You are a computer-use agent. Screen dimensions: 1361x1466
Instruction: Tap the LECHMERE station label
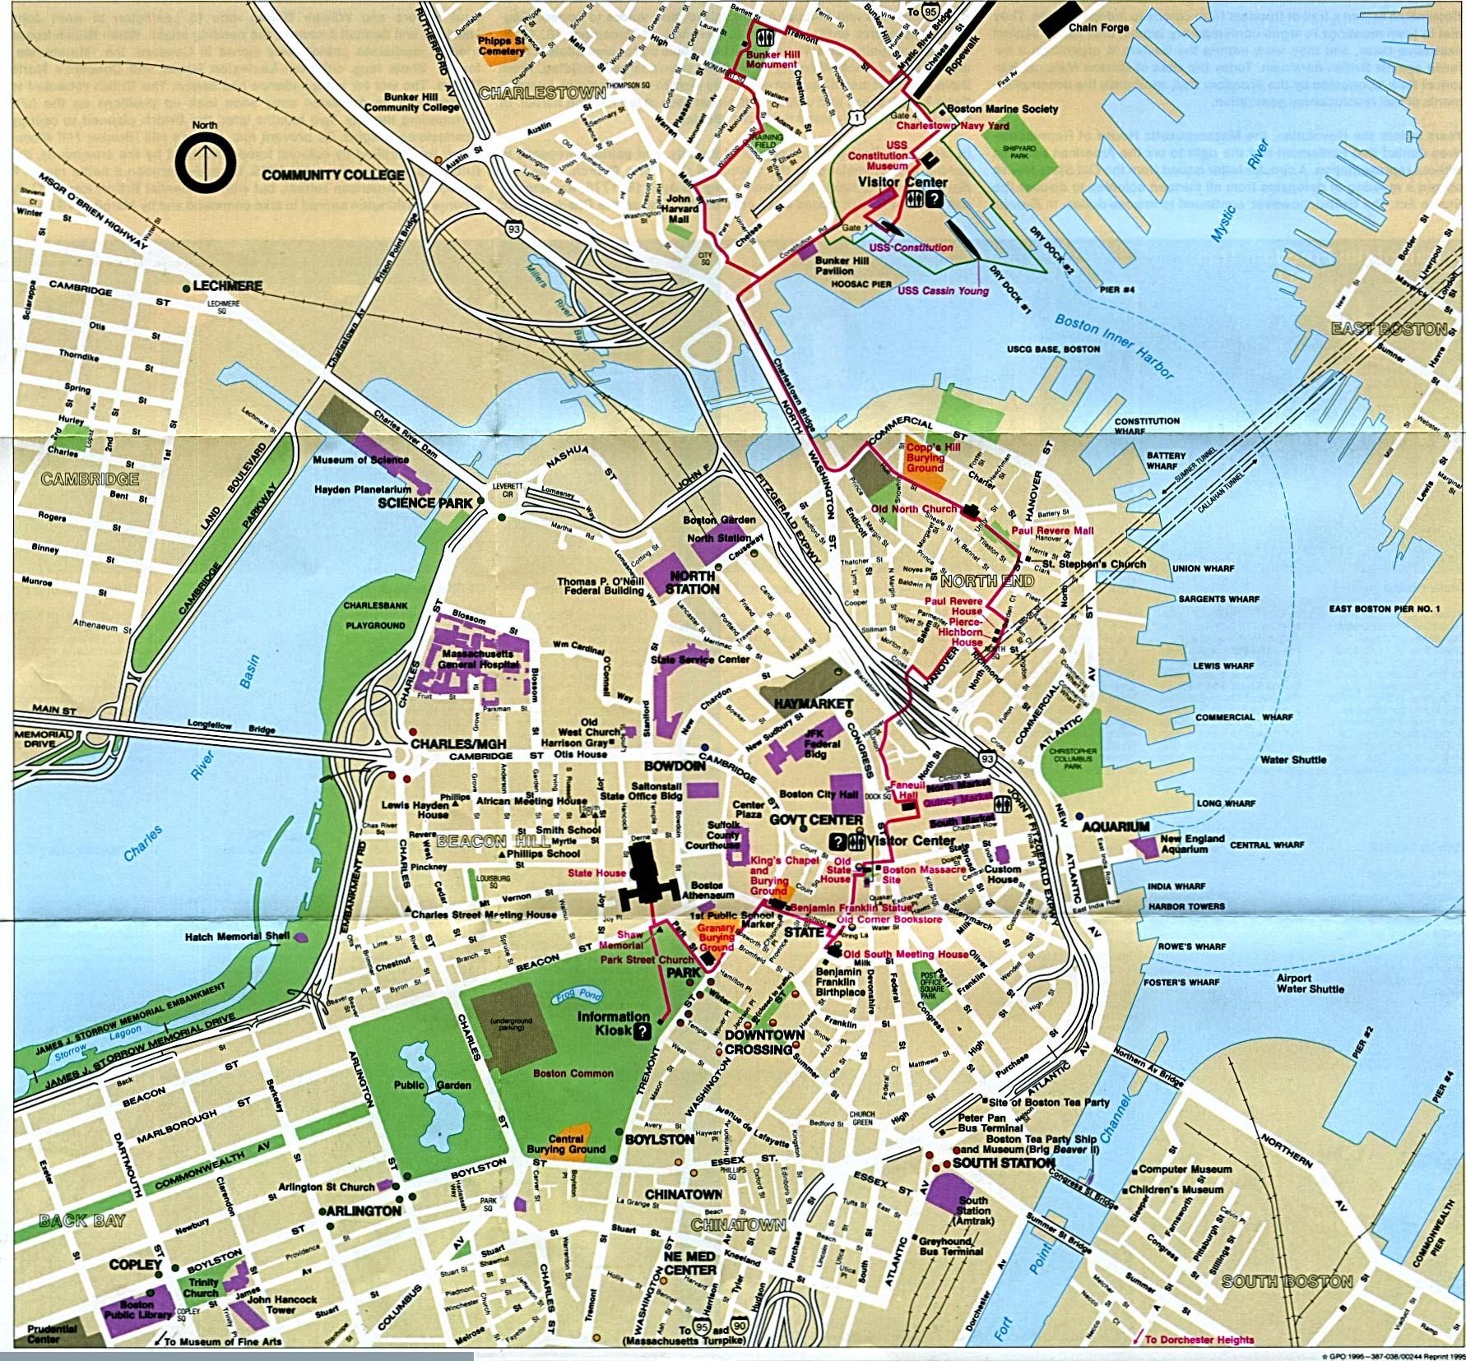click(x=226, y=286)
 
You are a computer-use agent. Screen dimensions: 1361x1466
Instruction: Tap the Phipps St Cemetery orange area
click(x=504, y=45)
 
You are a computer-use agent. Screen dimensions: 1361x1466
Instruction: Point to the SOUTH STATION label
click(x=1004, y=1163)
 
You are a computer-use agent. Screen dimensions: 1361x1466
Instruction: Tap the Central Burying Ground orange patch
click(x=573, y=1141)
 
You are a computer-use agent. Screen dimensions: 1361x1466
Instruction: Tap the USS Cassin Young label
click(x=943, y=290)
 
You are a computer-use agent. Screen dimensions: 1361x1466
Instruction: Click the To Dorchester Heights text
click(x=1199, y=1340)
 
